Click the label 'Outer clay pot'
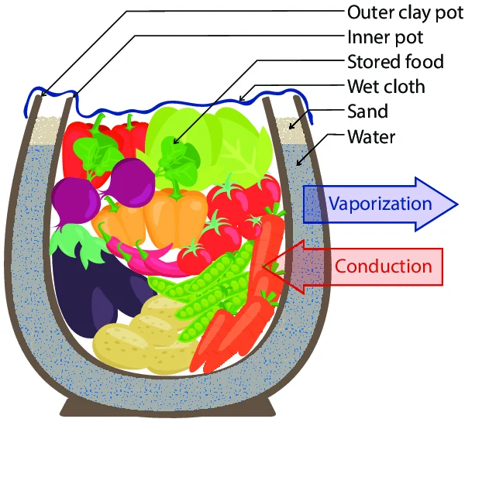pyautogui.click(x=405, y=13)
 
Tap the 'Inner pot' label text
pyautogui.click(x=385, y=37)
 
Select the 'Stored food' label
pyautogui.click(x=395, y=61)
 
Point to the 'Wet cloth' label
pyautogui.click(x=386, y=86)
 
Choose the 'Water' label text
pyautogui.click(x=371, y=137)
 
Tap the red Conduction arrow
pyautogui.click(x=364, y=266)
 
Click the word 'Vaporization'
pyautogui.click(x=380, y=204)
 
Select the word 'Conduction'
pyautogui.click(x=383, y=266)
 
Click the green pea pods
pyautogui.click(x=209, y=287)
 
